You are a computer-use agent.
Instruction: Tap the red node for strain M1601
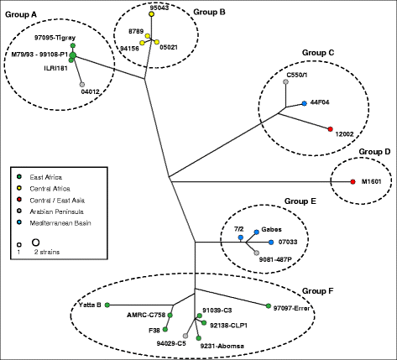click(353, 182)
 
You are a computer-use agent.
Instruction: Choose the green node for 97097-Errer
click(267, 306)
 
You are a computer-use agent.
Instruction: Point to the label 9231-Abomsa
click(225, 343)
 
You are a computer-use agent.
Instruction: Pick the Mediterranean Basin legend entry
click(59, 222)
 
